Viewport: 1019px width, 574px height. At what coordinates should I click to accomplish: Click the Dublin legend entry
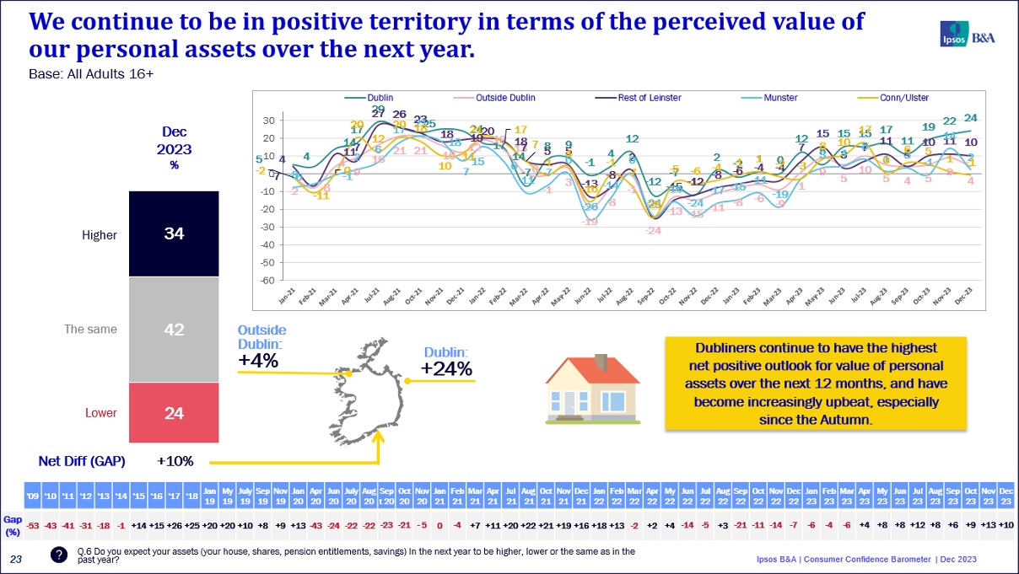(x=380, y=98)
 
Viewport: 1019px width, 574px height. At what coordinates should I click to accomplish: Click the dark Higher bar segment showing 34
(x=173, y=233)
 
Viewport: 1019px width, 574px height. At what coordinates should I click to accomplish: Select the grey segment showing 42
(x=173, y=330)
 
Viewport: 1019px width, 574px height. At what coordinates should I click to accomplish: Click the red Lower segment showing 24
(x=173, y=413)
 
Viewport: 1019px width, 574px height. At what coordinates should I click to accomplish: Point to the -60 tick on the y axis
(x=266, y=280)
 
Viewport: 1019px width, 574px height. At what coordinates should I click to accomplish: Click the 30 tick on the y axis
(x=267, y=121)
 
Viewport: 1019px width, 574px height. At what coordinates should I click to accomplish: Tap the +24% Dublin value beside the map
(x=446, y=368)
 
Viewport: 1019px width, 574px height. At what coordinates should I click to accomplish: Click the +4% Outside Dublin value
(x=258, y=361)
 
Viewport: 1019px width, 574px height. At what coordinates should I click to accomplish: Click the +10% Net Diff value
(x=175, y=461)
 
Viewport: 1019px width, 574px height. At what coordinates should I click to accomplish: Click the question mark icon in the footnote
(x=58, y=555)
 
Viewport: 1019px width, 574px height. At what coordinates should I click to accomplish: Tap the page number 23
(x=15, y=558)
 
